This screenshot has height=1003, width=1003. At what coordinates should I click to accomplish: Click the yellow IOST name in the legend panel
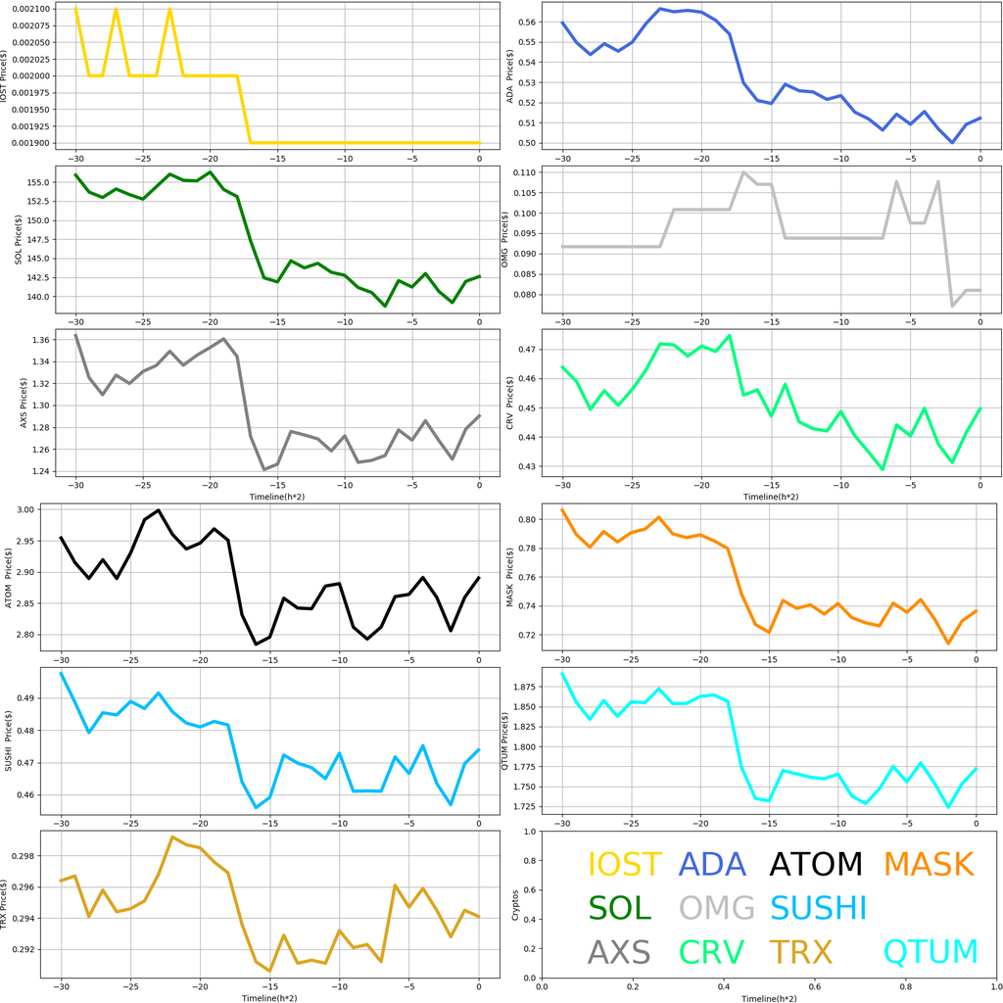[624, 865]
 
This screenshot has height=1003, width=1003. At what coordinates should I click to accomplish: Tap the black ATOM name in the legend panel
[815, 865]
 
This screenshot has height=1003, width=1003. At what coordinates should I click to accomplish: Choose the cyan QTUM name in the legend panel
[931, 951]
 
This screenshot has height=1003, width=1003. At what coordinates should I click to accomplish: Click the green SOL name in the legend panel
[619, 908]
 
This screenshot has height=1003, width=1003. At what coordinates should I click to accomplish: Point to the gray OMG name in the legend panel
[717, 908]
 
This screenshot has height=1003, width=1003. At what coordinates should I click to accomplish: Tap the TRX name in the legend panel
[800, 951]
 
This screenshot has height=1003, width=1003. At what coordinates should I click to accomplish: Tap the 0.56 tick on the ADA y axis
[524, 22]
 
